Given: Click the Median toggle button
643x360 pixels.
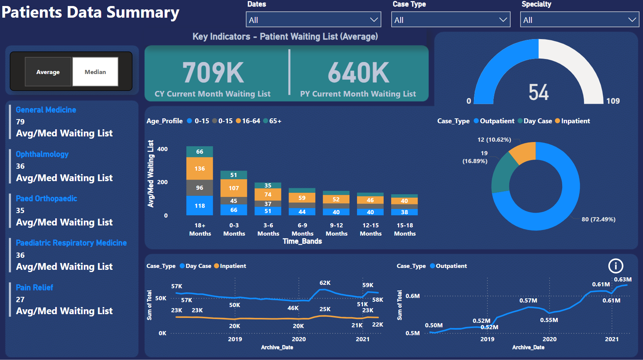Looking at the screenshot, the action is [95, 72].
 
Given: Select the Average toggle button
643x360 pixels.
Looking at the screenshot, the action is [48, 72].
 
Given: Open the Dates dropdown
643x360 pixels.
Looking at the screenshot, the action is [313, 20].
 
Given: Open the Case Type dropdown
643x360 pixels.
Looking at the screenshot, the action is [451, 20].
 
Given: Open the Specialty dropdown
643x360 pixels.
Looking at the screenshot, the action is [579, 20].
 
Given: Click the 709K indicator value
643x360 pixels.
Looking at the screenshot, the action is [213, 73].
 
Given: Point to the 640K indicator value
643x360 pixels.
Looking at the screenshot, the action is [359, 73].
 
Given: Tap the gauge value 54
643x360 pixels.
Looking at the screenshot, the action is [539, 92].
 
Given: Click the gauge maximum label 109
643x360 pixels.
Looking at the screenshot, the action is [613, 101].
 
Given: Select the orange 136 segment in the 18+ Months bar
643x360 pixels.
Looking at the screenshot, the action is [200, 168].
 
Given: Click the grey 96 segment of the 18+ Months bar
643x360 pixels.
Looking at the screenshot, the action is [200, 188].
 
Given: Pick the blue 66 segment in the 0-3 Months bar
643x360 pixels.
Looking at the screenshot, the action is [234, 210].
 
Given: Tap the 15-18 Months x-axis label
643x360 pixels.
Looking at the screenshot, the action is [405, 229].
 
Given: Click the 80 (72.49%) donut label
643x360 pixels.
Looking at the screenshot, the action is [599, 219].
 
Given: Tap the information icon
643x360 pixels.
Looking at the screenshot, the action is [616, 266].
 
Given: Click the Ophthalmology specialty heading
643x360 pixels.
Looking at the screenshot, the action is [42, 154].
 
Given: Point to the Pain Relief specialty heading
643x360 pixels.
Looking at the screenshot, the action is [35, 287].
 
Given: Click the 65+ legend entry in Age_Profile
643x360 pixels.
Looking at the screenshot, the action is [273, 121].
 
